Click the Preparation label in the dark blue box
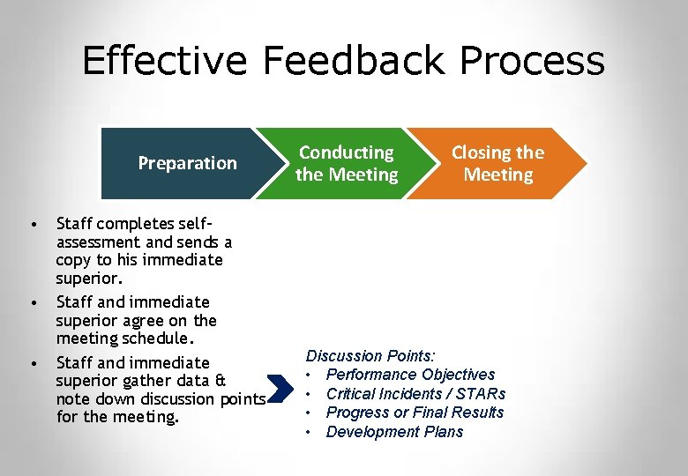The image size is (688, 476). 188,163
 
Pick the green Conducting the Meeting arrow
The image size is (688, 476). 347,164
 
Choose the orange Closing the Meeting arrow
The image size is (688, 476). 498,164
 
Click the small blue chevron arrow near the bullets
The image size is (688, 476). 280,388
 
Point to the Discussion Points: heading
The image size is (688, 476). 370,356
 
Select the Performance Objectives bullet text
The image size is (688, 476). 410,375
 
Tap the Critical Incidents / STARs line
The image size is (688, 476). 415,394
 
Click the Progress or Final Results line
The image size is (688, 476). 415,413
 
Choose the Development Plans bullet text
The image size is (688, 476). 394,432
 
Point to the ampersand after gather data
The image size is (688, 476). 221,381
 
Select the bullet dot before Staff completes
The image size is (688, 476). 33,224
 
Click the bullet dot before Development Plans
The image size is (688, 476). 310,432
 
